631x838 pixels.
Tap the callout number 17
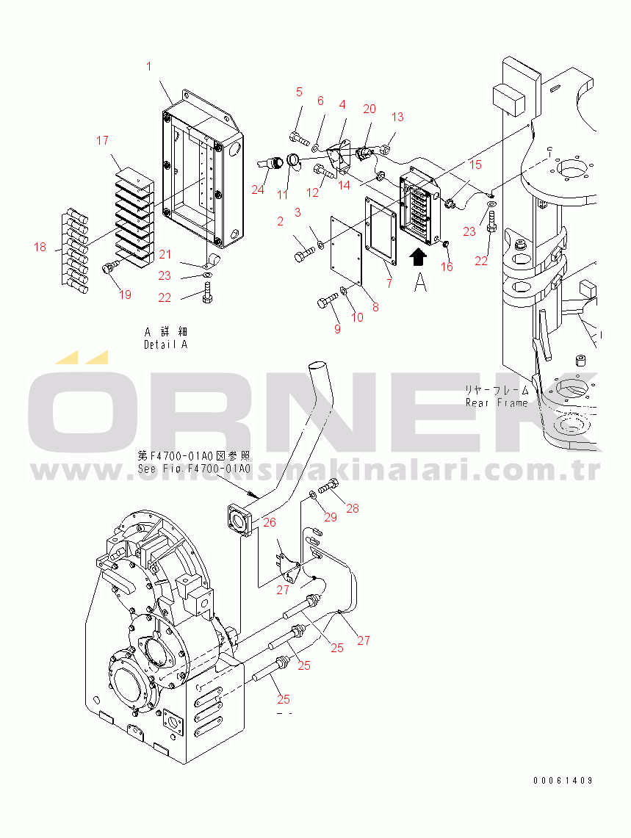coord(102,140)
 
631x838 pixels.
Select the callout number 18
coord(40,248)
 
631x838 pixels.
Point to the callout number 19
coord(125,295)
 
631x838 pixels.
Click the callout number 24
coord(257,189)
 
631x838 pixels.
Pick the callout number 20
coord(369,109)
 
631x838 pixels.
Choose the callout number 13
coord(397,117)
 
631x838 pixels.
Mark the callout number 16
coord(447,267)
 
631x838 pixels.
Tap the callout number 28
coord(353,508)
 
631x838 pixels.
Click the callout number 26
coord(270,522)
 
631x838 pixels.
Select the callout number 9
coord(337,329)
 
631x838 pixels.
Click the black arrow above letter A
coord(418,256)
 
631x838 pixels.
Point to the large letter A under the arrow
coord(420,282)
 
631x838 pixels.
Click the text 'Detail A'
coord(165,344)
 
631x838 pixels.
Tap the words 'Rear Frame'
coord(497,402)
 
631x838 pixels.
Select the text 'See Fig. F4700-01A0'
coord(194,469)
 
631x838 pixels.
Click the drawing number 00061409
coord(563,781)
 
